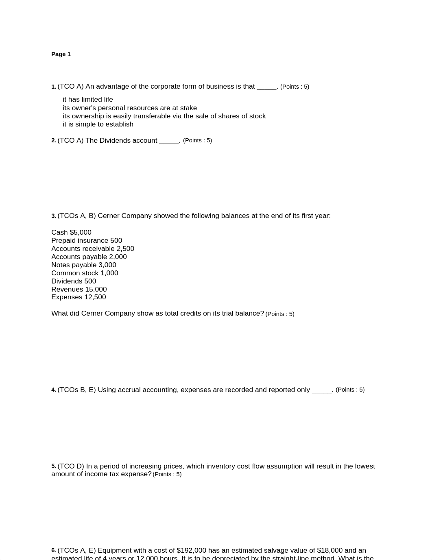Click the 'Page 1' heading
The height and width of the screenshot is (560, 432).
coord(61,54)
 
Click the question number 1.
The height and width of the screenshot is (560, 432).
coord(53,87)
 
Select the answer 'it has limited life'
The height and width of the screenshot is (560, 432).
coord(88,100)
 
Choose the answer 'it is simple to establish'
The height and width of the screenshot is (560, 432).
coord(98,124)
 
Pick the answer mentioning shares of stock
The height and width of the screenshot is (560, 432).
coord(164,116)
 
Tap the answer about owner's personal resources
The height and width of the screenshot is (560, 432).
coord(130,108)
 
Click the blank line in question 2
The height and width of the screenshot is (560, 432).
coord(169,141)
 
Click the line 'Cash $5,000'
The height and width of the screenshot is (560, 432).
coord(71,233)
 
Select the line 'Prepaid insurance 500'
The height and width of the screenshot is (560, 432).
coord(87,241)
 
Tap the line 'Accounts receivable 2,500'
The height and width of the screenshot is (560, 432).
coord(93,249)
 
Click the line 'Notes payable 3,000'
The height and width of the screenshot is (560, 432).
coord(84,265)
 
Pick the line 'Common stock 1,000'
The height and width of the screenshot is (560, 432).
coord(85,273)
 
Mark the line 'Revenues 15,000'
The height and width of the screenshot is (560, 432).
coord(79,290)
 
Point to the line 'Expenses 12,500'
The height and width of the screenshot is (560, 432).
coord(79,297)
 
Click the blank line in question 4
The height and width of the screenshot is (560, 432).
coord(322,390)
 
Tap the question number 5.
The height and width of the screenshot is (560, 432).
coord(53,466)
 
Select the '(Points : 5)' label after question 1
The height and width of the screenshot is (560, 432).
coord(295,87)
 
